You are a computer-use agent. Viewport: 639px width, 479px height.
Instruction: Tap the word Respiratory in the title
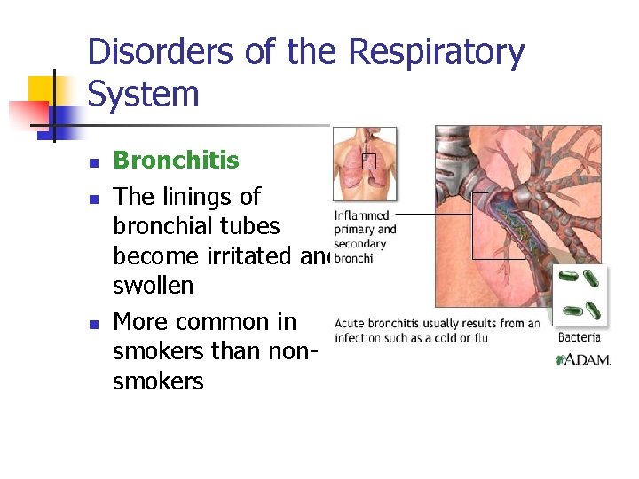[x=436, y=52]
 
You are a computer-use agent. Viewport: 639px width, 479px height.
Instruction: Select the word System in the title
[x=144, y=94]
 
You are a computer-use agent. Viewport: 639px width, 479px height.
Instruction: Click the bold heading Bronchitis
[x=176, y=161]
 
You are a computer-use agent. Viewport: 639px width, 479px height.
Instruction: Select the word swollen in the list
[x=153, y=286]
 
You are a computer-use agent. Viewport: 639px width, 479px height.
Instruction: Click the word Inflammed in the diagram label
[x=361, y=216]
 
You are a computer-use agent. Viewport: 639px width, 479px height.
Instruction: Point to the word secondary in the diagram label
[x=360, y=244]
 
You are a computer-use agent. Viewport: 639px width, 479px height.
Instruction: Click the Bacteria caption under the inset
[x=579, y=337]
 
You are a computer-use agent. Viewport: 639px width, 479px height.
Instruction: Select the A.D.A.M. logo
[x=583, y=360]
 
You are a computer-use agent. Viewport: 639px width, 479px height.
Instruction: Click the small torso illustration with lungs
[x=365, y=164]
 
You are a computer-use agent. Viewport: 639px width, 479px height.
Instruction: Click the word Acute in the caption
[x=351, y=323]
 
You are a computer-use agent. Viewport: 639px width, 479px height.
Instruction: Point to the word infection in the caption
[x=359, y=338]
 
